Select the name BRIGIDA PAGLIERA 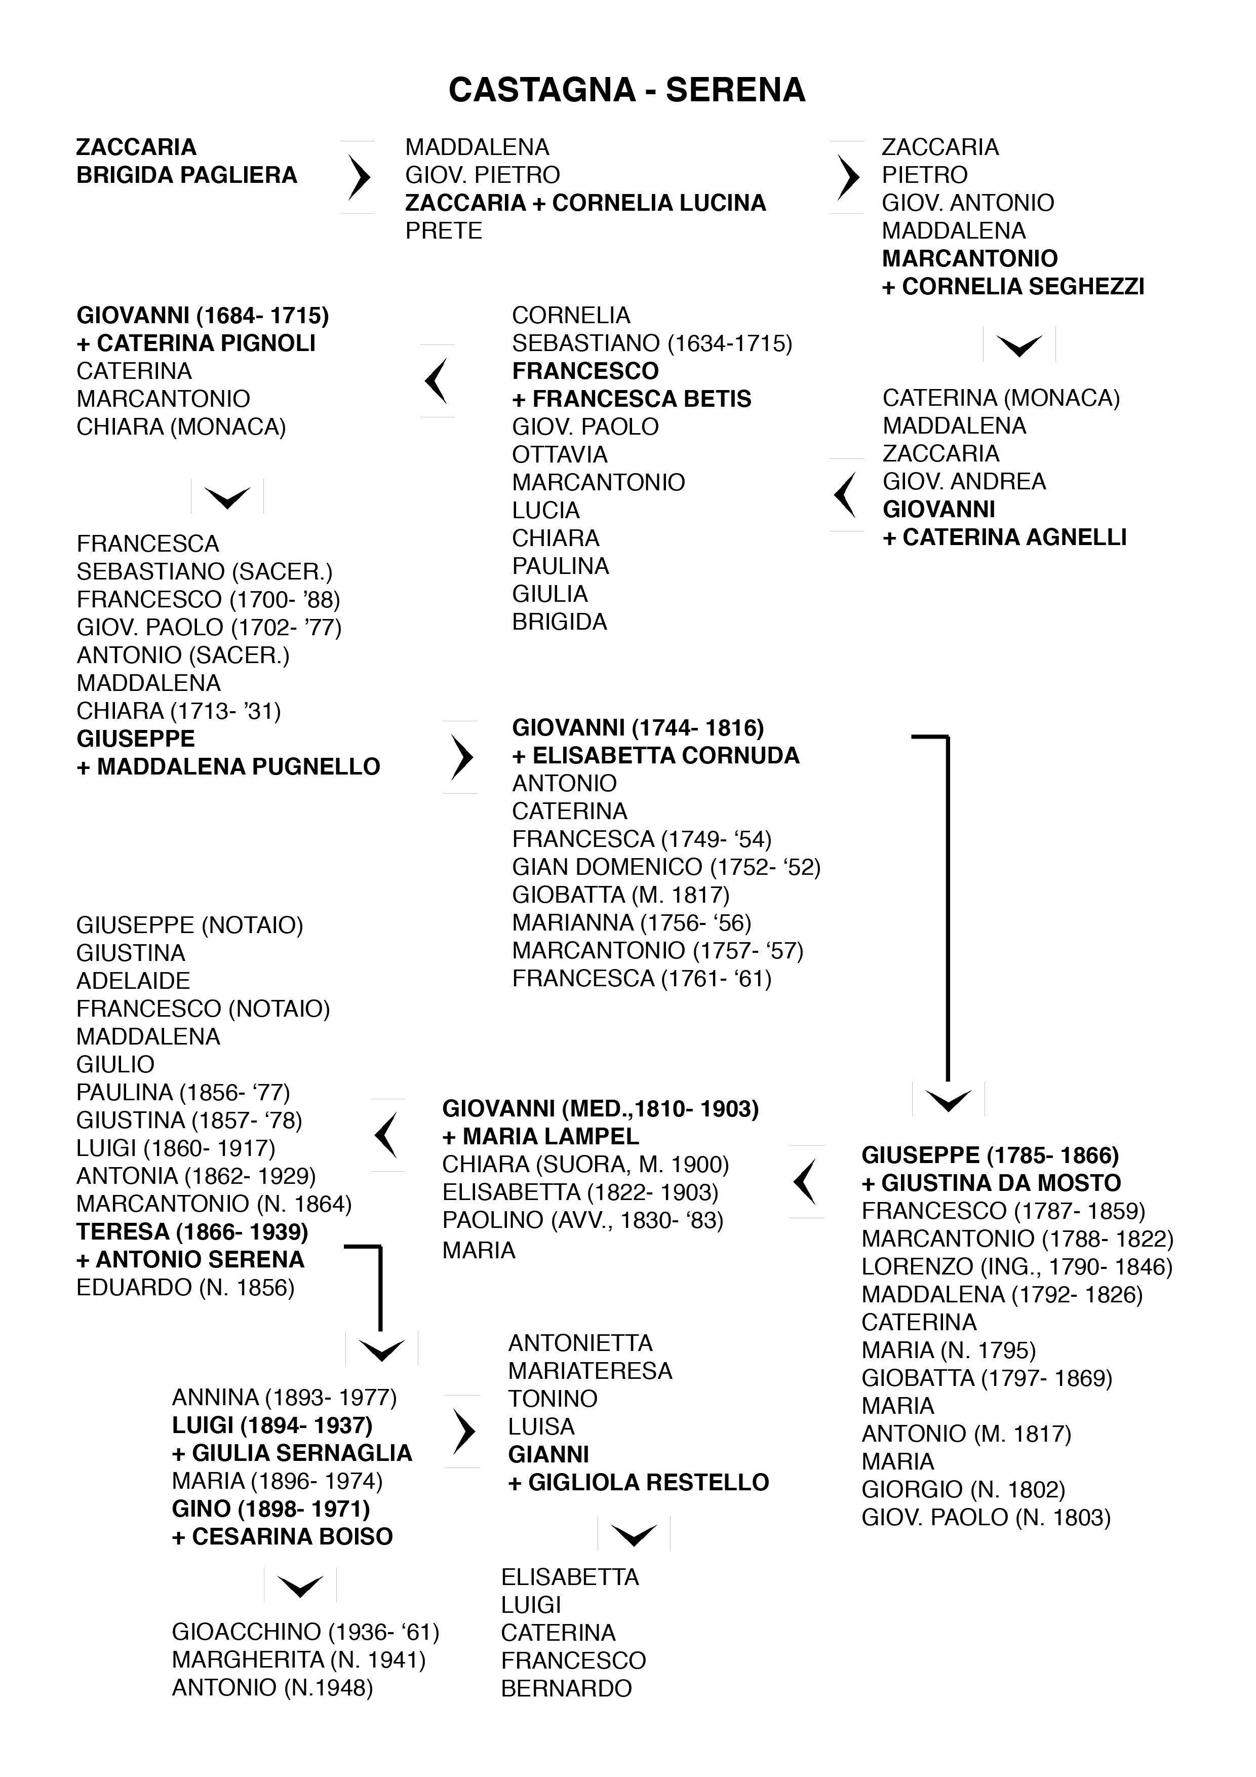(186, 175)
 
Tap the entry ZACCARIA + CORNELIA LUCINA (585, 203)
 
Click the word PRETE (444, 230)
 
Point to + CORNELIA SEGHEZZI (1012, 286)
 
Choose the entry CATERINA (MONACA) (1001, 398)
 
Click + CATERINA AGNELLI (1004, 537)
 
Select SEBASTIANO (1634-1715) (652, 343)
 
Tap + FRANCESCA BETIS (632, 399)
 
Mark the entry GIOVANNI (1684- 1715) (203, 315)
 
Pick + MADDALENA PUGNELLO (228, 766)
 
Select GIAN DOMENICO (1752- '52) (665, 867)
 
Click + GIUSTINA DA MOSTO (991, 1183)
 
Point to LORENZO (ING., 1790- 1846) (1017, 1266)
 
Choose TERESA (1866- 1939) (192, 1231)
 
